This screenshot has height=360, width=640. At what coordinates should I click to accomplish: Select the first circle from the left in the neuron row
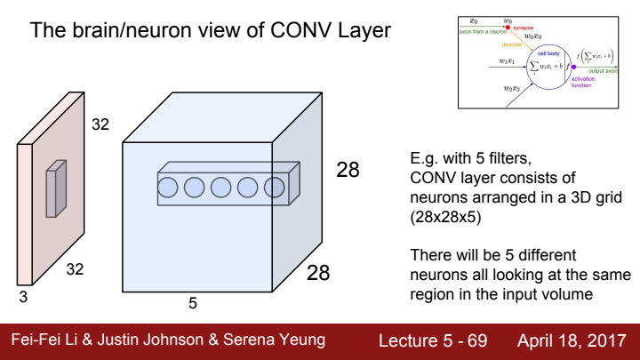coord(169,188)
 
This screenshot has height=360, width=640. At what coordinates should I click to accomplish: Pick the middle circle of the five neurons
coord(221,188)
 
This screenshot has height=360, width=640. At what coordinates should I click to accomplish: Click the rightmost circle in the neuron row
coord(273,188)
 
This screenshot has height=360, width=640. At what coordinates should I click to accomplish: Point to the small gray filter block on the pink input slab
coord(57,188)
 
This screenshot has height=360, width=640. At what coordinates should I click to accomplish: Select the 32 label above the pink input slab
coord(100,125)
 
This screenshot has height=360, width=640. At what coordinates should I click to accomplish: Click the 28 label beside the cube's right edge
coord(348,169)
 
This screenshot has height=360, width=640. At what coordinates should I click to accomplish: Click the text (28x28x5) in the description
coord(439,215)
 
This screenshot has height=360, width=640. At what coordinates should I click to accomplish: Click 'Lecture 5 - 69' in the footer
coord(432,340)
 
